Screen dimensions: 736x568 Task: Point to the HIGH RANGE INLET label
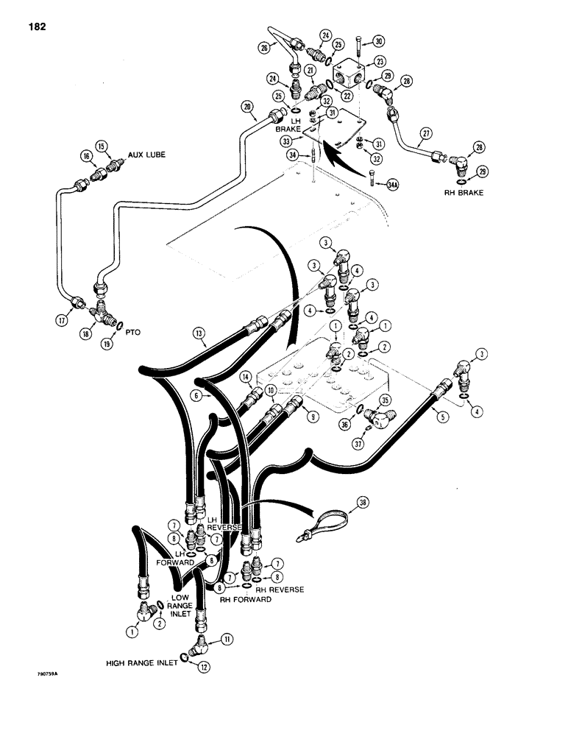click(142, 662)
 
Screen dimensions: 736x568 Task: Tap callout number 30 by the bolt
click(379, 41)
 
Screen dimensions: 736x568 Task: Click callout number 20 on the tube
click(246, 107)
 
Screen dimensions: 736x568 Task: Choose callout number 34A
click(393, 186)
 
